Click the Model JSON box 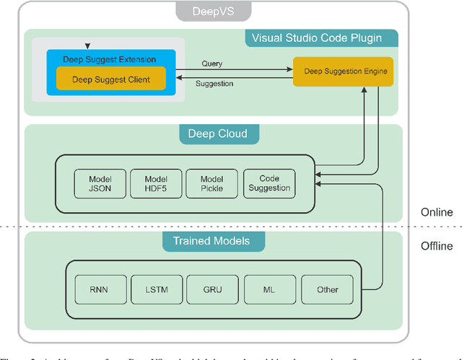100,183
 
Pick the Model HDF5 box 155,183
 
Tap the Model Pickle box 212,183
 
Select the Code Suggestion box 269,183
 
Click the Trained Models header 212,240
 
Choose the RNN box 100,289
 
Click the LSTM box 155,289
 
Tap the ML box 269,289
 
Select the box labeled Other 327,289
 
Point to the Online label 437,212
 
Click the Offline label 437,246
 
